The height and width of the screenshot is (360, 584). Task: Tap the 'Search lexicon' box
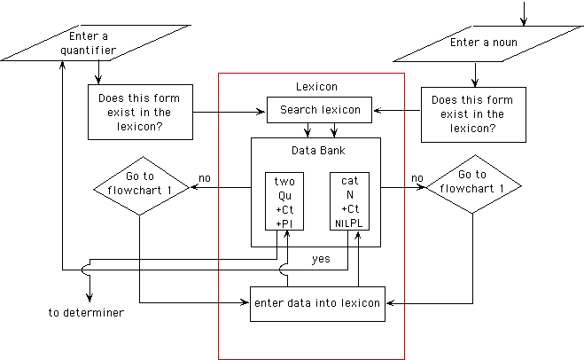[320, 110]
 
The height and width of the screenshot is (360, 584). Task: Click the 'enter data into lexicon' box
[317, 303]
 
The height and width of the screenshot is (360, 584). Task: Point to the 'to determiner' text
[86, 313]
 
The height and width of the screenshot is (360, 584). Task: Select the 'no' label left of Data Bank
[205, 179]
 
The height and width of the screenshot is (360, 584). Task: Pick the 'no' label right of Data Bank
[417, 179]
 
